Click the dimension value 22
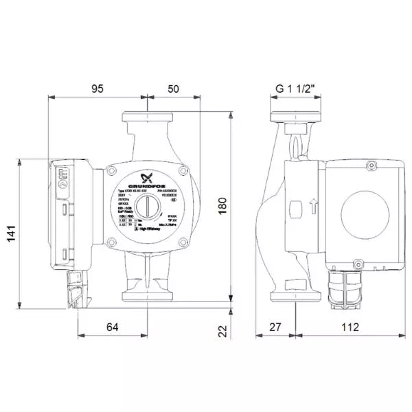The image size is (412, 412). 222,331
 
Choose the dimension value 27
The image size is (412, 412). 275,328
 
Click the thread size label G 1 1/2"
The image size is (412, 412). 296,89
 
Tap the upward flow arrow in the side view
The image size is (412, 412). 312,205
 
